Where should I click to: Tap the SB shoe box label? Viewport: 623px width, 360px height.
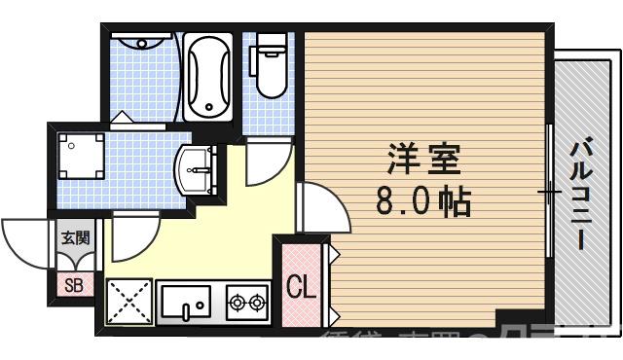pos(73,285)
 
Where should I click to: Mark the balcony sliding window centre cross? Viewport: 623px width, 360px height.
pos(551,192)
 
